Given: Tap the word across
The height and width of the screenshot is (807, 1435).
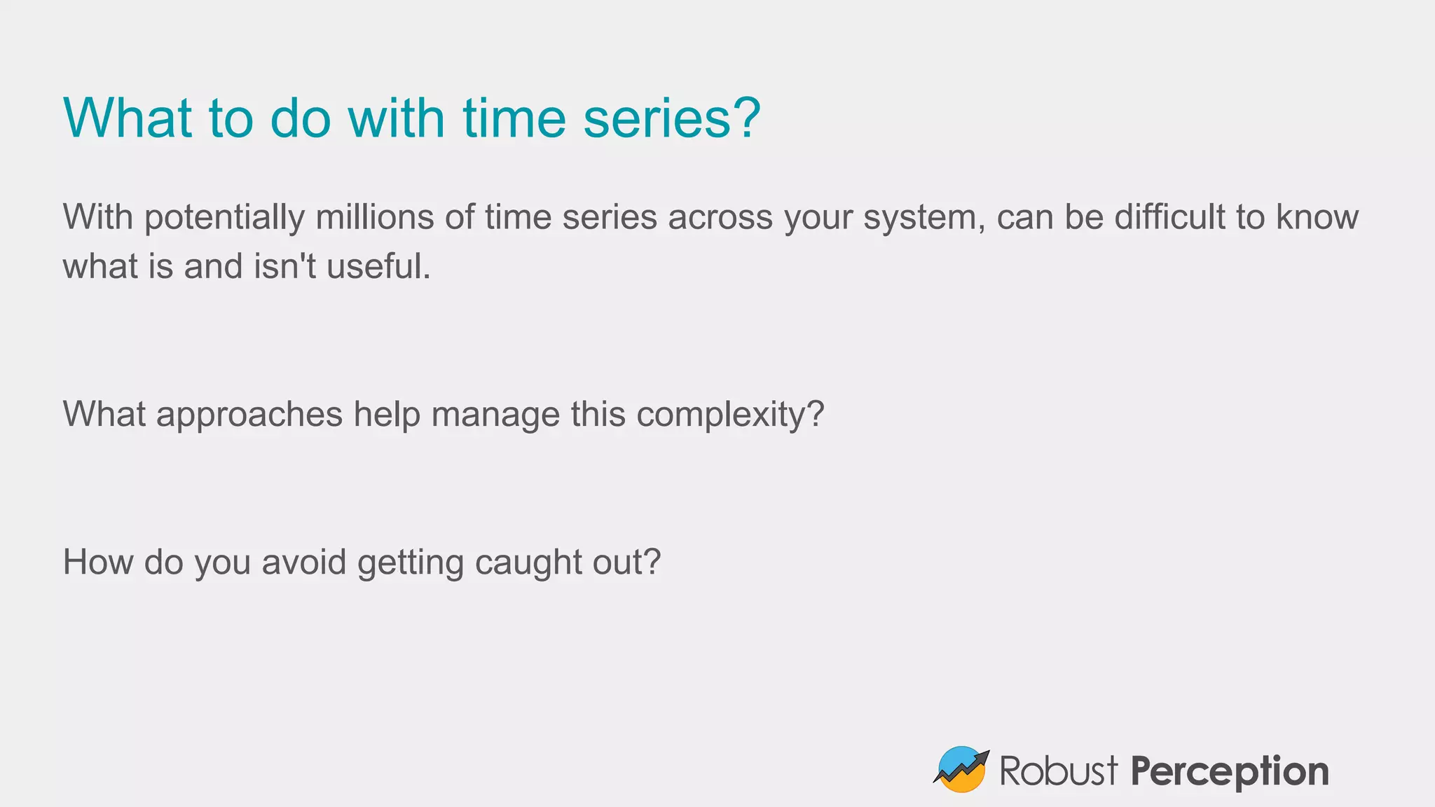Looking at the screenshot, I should [x=720, y=217].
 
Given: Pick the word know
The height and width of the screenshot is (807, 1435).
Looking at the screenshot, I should [x=1317, y=217].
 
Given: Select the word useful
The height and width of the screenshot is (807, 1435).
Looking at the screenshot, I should [x=378, y=267].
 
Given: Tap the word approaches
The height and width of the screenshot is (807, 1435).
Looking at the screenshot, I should [x=249, y=415].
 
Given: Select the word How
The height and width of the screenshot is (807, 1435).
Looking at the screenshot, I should [x=98, y=562].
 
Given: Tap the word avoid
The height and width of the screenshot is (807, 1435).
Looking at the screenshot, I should [x=303, y=562].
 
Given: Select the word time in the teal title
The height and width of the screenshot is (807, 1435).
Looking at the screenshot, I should [x=514, y=118].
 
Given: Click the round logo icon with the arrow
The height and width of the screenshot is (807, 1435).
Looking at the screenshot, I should [x=961, y=769].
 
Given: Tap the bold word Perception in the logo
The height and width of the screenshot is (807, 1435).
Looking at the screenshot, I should [x=1230, y=772].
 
